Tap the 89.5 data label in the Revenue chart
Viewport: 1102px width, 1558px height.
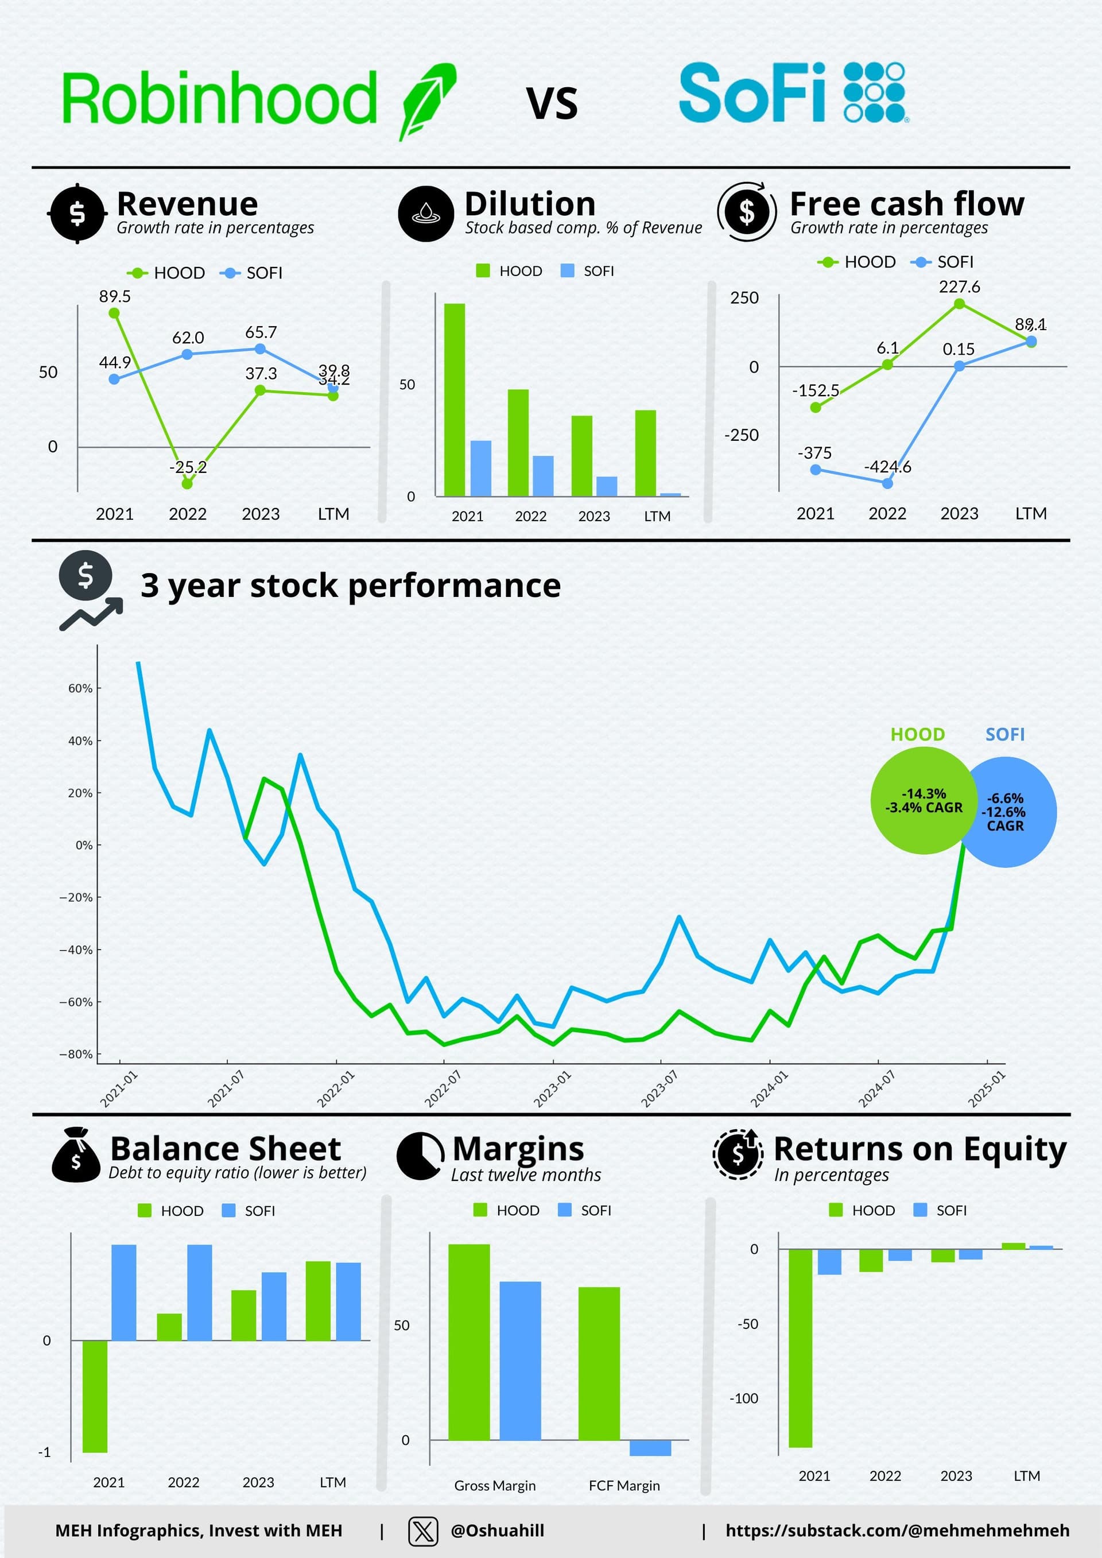115,297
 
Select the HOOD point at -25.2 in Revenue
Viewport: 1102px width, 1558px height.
187,484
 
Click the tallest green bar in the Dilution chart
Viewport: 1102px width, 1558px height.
455,400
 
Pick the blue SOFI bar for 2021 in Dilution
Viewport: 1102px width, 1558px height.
480,468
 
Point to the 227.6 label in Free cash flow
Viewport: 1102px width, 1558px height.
959,287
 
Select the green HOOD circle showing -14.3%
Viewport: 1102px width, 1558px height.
923,801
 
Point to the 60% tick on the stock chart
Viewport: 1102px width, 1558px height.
80,688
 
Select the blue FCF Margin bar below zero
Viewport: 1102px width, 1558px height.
650,1447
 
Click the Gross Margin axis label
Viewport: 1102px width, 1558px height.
495,1486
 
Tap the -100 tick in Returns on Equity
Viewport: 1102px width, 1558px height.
744,1398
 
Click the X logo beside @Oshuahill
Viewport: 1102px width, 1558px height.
423,1532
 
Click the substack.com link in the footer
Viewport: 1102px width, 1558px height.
897,1531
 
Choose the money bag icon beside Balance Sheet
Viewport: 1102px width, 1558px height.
76,1155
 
